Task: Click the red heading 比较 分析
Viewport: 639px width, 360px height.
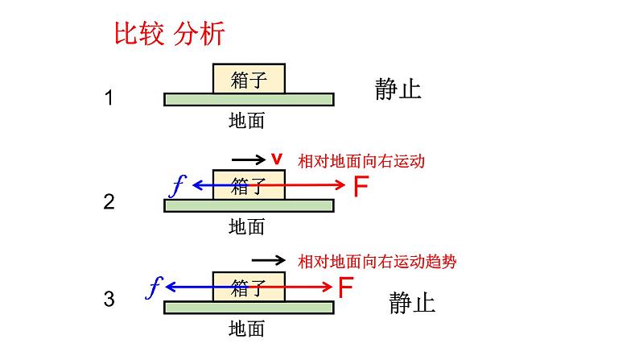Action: coord(169,35)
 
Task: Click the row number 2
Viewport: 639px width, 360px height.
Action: coord(109,202)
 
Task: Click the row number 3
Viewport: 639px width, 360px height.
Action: coord(109,300)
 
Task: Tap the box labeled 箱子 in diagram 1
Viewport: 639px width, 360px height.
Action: coord(248,79)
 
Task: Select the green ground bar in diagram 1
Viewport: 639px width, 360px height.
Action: coord(249,99)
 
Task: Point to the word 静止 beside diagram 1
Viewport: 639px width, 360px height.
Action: coord(398,89)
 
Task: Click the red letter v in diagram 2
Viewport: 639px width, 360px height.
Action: coord(277,159)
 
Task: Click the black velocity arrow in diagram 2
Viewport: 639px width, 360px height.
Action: coord(248,159)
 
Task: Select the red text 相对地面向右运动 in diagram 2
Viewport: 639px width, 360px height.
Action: coord(361,161)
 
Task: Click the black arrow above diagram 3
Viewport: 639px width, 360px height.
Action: coord(269,260)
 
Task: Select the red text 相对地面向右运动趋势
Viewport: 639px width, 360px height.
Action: coord(382,261)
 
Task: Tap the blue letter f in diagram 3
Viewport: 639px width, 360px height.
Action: coord(156,286)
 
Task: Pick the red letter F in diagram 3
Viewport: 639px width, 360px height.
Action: coord(344,288)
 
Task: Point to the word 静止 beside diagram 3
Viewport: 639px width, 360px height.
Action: coord(411,303)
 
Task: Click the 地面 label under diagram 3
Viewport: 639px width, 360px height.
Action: coord(246,329)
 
